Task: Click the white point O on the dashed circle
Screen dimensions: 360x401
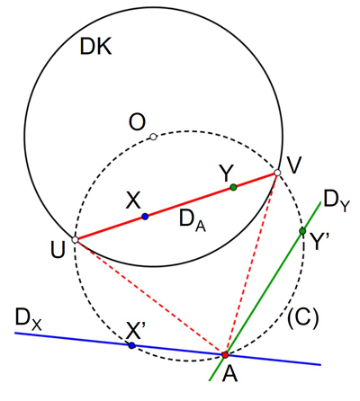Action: click(153, 137)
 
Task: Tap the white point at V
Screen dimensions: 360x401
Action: click(277, 173)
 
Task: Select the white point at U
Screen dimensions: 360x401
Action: click(75, 240)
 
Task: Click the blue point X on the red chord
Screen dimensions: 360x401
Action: click(145, 217)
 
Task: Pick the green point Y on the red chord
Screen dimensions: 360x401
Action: click(233, 187)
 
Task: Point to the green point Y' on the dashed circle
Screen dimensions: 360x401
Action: click(302, 231)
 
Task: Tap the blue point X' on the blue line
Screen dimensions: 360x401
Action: click(131, 345)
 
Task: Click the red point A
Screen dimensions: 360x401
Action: click(225, 355)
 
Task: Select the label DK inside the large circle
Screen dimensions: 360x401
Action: click(95, 47)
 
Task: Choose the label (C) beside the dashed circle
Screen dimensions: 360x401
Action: click(302, 318)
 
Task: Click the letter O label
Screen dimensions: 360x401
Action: click(137, 122)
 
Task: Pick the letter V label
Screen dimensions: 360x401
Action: click(293, 165)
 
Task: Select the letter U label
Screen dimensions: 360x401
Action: click(58, 251)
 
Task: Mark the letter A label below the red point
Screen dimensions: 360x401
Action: click(229, 374)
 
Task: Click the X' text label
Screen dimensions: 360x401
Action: click(135, 331)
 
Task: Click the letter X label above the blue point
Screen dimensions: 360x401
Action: click(133, 200)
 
